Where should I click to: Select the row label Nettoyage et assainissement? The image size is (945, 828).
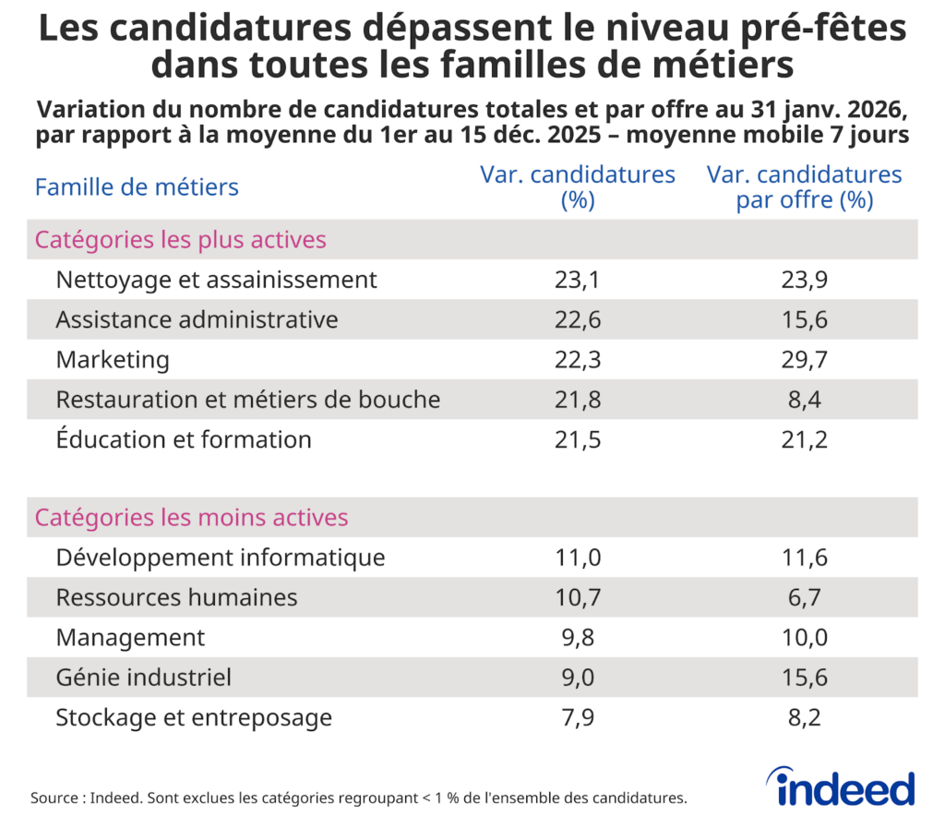pos(216,280)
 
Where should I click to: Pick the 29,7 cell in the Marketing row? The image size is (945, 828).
pos(803,360)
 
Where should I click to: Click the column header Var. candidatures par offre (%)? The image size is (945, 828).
pos(804,187)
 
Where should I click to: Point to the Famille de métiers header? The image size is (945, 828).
pos(137,187)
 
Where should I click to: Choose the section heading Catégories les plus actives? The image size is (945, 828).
pos(180,240)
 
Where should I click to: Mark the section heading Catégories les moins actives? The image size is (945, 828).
pos(191,518)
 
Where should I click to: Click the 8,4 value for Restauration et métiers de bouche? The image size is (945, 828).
pos(803,400)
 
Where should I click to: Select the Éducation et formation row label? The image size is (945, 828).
pos(184,439)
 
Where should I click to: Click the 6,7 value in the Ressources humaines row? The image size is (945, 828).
pos(803,597)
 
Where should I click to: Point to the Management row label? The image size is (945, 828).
pos(130,637)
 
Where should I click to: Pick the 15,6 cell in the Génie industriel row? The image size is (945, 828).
pos(803,678)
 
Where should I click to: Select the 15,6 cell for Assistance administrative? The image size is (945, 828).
pos(803,319)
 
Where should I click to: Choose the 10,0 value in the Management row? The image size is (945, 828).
pos(803,637)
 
